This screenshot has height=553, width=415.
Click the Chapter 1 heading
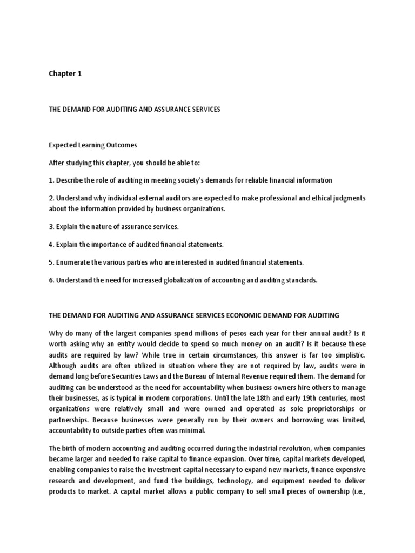point(65,74)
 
